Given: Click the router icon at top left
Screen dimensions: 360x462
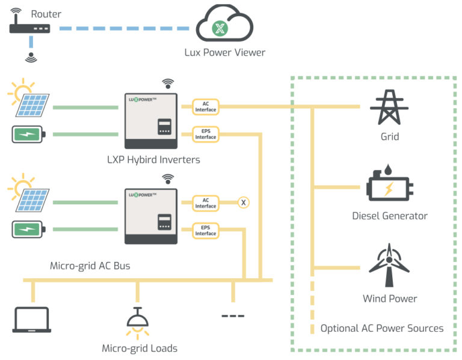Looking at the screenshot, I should click(x=30, y=28).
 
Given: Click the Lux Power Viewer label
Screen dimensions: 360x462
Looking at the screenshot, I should click(x=225, y=52).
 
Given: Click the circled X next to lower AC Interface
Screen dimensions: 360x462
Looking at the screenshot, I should click(x=244, y=203).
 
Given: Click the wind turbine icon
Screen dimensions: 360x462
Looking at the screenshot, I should click(x=390, y=265).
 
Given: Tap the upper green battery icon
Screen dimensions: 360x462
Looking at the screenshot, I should click(x=28, y=134).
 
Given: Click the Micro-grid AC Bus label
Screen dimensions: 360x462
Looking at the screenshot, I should click(x=90, y=266).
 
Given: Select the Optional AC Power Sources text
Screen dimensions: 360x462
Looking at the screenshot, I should click(x=382, y=328).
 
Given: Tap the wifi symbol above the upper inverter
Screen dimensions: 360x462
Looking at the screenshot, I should click(x=168, y=83).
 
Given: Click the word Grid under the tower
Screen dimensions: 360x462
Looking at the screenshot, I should click(x=390, y=137).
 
